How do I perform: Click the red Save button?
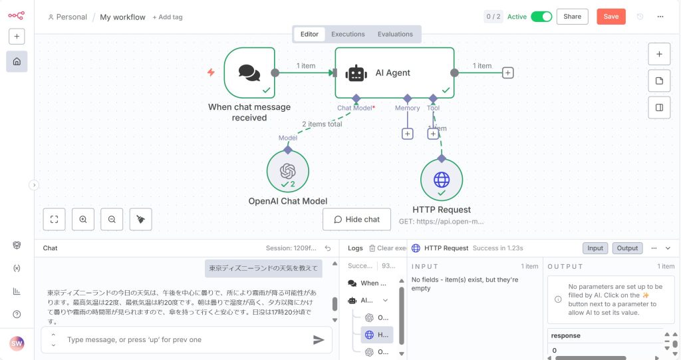pyautogui.click(x=611, y=17)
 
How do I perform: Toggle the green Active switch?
pyautogui.click(x=541, y=17)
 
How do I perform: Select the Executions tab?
pyautogui.click(x=348, y=34)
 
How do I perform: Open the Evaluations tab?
pyautogui.click(x=395, y=34)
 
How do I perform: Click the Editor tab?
pyautogui.click(x=309, y=34)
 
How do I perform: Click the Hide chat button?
pyautogui.click(x=356, y=220)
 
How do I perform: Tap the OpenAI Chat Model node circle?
pyautogui.click(x=287, y=171)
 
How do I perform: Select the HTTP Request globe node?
pyautogui.click(x=441, y=180)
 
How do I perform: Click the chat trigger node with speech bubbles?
pyautogui.click(x=249, y=73)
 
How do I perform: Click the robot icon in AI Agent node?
pyautogui.click(x=356, y=73)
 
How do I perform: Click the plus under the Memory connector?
pyautogui.click(x=408, y=134)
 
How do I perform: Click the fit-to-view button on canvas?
pyautogui.click(x=54, y=219)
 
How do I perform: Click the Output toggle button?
pyautogui.click(x=627, y=248)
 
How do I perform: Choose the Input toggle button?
pyautogui.click(x=595, y=248)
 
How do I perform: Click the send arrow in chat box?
pyautogui.click(x=319, y=340)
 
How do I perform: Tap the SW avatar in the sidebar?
pyautogui.click(x=17, y=343)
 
